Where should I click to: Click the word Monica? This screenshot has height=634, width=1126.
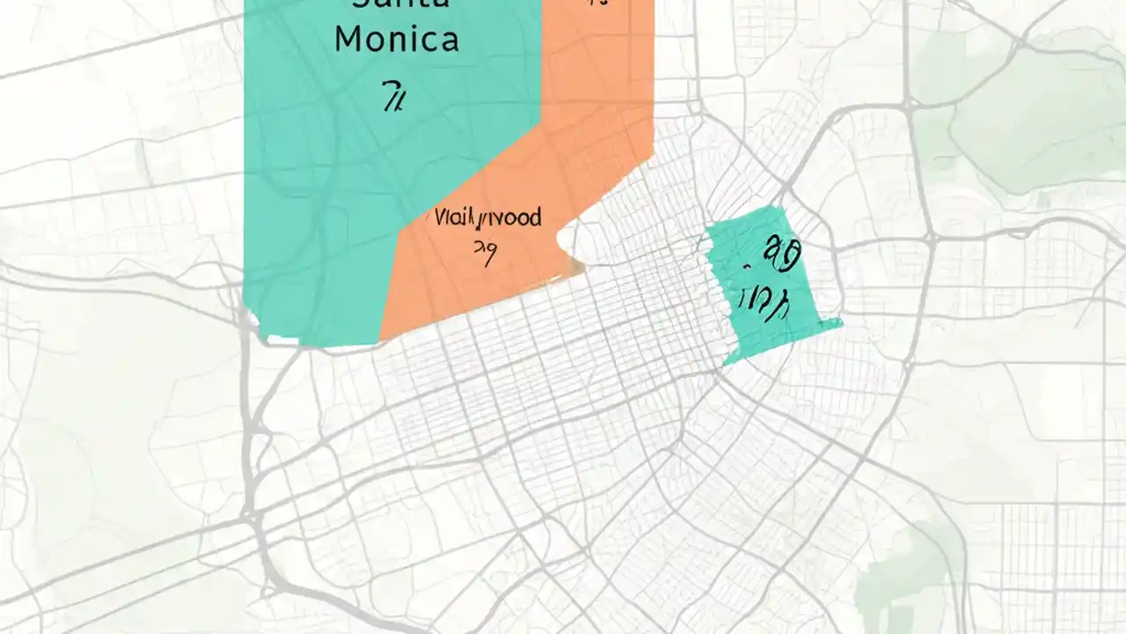(x=397, y=41)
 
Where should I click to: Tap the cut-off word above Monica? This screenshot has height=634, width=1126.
(x=401, y=4)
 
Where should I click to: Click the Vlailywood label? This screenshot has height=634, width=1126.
(x=487, y=217)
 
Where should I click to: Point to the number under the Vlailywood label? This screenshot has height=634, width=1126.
(x=484, y=253)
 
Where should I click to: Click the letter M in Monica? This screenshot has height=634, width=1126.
(x=348, y=41)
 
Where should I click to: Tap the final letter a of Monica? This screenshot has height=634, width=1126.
(x=449, y=41)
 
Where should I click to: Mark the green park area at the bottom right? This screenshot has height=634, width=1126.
(x=906, y=572)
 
